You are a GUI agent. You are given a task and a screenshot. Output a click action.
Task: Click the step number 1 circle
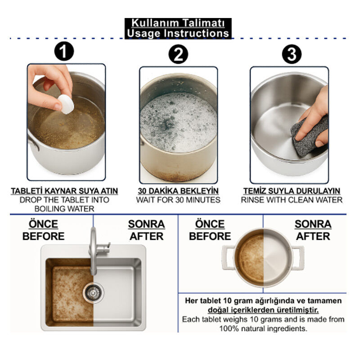point(64,51)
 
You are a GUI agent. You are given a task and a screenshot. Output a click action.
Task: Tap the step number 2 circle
point(178,54)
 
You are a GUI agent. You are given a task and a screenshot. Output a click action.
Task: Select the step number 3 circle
point(292,54)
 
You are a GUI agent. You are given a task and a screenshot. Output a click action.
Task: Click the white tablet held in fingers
point(66,104)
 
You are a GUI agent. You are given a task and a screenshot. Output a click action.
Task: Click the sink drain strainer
point(93,293)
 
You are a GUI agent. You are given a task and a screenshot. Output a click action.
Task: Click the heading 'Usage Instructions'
point(178,33)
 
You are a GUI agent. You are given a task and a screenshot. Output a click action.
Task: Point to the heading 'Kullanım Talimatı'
point(178,23)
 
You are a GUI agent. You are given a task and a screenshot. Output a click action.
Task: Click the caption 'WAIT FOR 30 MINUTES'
point(178,200)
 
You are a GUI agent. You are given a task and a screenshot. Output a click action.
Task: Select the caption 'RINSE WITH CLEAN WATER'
point(292,200)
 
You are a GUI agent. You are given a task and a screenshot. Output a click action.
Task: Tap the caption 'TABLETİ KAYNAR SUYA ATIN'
point(64,191)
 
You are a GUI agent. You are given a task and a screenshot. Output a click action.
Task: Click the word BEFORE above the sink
point(43,236)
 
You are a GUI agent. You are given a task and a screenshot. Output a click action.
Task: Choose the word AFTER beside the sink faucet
point(147,236)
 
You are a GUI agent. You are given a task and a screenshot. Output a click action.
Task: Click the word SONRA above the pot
point(313,224)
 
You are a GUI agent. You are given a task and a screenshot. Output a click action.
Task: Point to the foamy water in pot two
point(178,122)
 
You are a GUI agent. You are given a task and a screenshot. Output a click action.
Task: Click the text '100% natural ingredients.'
point(263,328)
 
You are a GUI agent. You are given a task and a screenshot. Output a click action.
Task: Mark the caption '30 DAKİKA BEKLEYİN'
point(178,191)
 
